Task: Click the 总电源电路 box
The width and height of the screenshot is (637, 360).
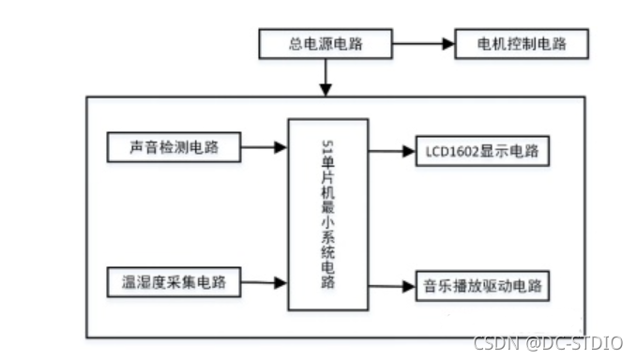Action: [326, 43]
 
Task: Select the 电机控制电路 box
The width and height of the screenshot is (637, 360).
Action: [523, 43]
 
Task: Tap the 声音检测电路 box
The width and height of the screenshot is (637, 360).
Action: [175, 147]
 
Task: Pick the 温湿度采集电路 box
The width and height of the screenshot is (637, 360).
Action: [175, 280]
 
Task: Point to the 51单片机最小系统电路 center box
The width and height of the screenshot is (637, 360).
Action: [327, 214]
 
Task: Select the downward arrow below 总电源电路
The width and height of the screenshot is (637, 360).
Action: [326, 75]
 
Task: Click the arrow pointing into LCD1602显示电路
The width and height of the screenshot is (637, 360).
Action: [392, 150]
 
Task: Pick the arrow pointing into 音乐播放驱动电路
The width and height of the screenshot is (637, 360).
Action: [392, 285]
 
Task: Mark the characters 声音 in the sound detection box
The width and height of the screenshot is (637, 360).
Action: [144, 147]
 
